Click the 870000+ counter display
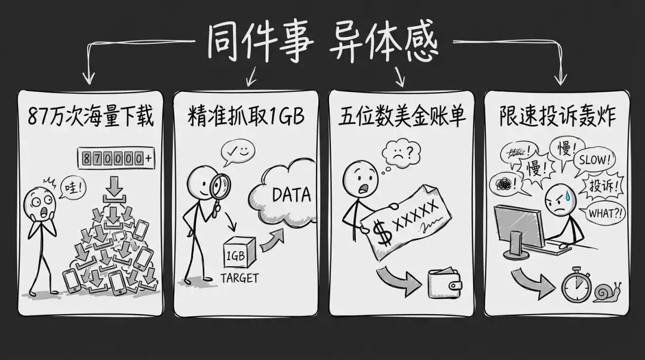click(x=115, y=158)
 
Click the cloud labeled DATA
click(x=281, y=195)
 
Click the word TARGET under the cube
click(x=239, y=278)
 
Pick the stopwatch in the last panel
click(x=575, y=286)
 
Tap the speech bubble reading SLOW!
click(x=592, y=159)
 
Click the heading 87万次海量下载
click(x=90, y=117)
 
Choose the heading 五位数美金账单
click(x=401, y=117)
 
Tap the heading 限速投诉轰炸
click(x=557, y=117)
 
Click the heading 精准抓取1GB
click(x=245, y=117)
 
